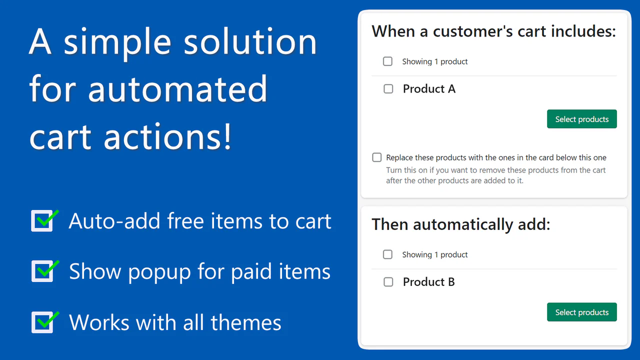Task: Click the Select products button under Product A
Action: pos(581,119)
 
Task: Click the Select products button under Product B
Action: pos(581,312)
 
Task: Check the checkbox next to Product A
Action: pos(388,89)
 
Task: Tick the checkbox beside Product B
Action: pos(388,282)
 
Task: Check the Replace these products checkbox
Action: pos(377,157)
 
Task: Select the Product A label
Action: pos(429,89)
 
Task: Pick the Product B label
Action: pos(428,282)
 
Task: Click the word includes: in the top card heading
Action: pos(583,31)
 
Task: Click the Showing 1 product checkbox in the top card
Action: pos(387,61)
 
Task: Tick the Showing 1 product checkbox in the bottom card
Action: pos(387,254)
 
